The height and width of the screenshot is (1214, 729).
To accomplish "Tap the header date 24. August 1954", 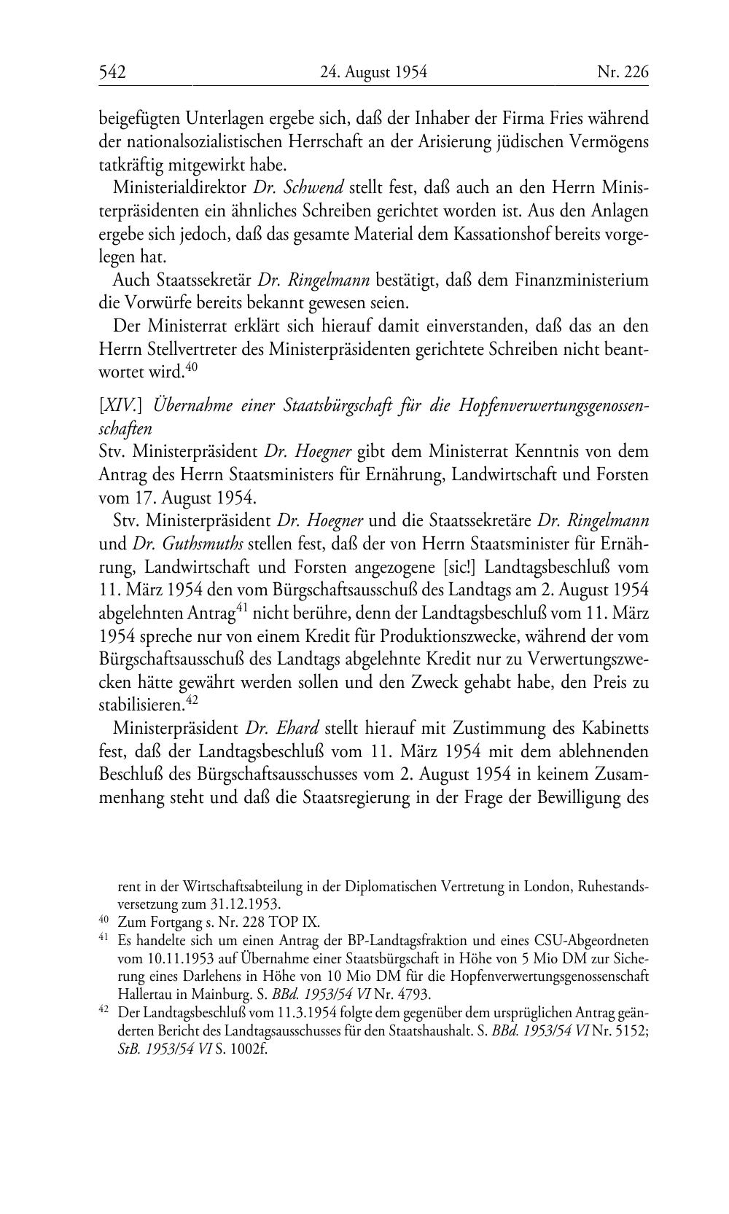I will (x=373, y=71).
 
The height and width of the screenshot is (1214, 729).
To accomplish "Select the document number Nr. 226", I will (x=622, y=71).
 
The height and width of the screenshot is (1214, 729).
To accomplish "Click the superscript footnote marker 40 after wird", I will (x=191, y=367).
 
